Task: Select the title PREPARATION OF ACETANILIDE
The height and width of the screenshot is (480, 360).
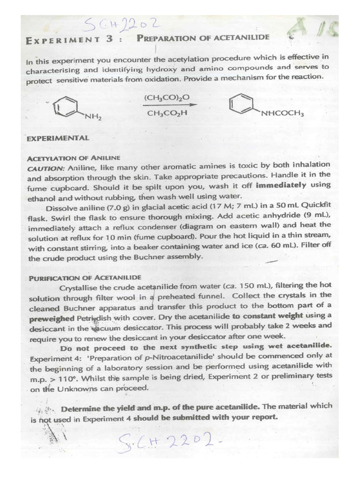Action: tap(203, 38)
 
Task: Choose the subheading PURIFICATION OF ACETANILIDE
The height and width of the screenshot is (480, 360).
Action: tap(84, 277)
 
